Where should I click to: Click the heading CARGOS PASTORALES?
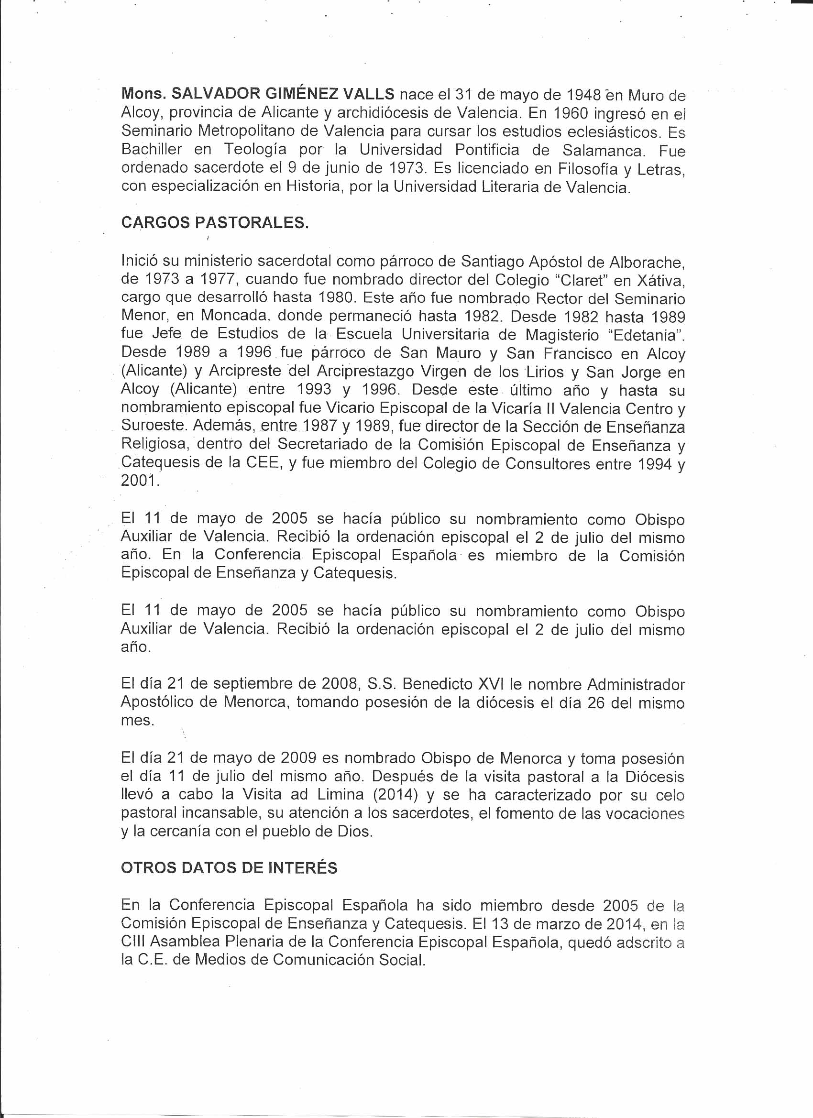tap(215, 223)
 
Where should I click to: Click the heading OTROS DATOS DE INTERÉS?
tap(229, 867)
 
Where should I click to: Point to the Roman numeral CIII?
tap(132, 942)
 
